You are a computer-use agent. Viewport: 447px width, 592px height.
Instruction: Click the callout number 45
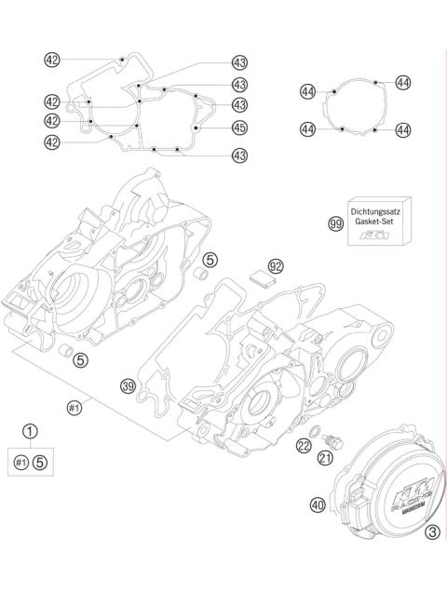click(x=239, y=127)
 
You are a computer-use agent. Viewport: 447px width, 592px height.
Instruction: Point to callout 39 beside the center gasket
click(x=128, y=385)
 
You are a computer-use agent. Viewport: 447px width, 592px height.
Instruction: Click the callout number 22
click(x=305, y=448)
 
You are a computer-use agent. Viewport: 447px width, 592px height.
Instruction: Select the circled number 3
click(x=431, y=533)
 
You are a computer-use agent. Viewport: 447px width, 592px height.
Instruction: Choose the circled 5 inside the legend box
click(x=40, y=460)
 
